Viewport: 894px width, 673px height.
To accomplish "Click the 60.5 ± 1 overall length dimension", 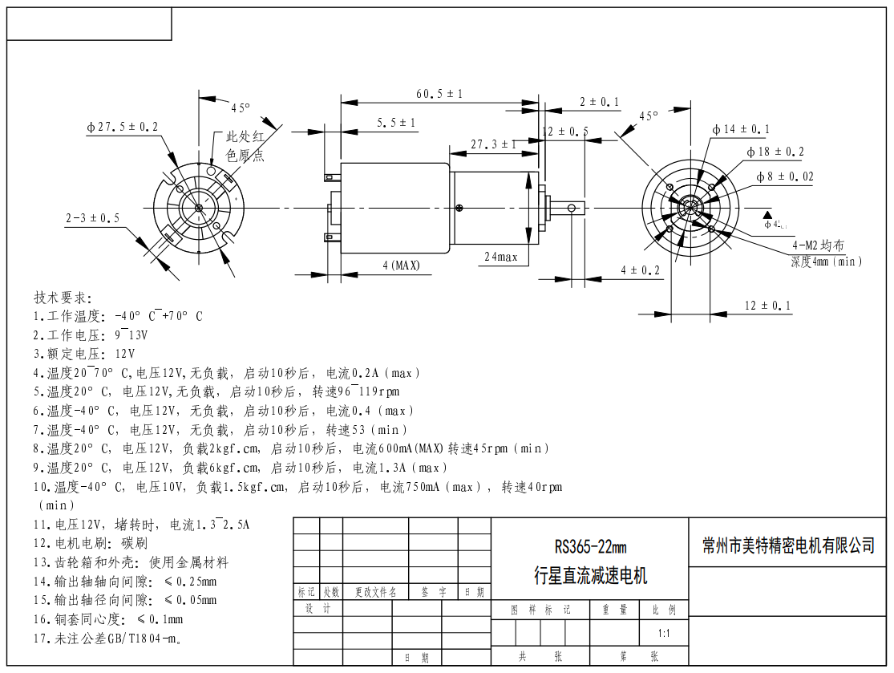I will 439,94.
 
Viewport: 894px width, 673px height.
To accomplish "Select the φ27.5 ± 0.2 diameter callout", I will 122,127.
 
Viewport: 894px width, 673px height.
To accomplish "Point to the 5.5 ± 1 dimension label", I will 396,123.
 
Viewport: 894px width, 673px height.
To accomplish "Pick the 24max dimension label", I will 501,257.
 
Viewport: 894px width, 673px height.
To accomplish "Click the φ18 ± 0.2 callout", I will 775,152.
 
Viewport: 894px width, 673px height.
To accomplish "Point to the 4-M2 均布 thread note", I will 818,245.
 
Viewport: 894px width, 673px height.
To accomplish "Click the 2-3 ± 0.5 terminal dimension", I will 92,217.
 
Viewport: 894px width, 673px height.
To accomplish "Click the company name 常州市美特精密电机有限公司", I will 788,545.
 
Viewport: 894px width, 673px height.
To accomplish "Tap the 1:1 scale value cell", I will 664,633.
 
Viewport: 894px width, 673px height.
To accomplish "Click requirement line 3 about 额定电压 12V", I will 84,354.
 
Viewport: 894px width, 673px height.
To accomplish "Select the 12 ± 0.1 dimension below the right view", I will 756,306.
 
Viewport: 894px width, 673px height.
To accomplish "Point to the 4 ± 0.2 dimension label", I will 640,270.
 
